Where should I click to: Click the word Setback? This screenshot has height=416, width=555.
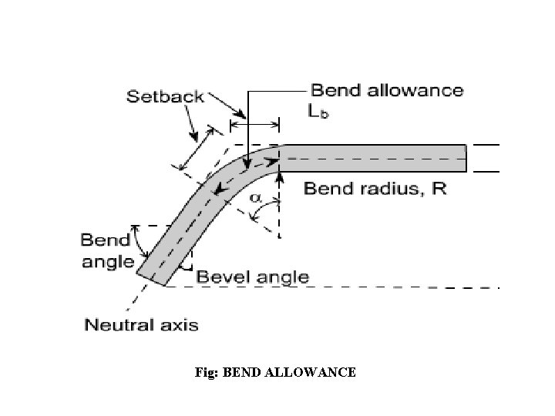click(165, 96)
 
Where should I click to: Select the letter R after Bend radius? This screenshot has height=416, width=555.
click(438, 189)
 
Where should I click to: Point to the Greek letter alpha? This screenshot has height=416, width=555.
click(255, 198)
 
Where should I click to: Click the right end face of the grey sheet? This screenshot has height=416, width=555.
click(466, 158)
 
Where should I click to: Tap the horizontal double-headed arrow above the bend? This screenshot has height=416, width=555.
click(256, 125)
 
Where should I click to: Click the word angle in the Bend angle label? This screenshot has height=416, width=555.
click(108, 261)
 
